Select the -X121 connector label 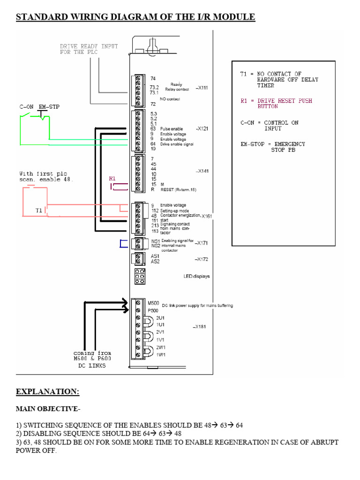tap(203, 128)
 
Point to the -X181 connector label tap(199, 327)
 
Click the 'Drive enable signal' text tap(177, 144)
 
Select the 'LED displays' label tap(196, 276)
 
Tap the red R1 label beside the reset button tap(112, 179)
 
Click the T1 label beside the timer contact tap(39, 211)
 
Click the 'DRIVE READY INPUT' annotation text tap(89, 46)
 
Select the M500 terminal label tap(153, 302)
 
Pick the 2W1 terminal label tap(160, 347)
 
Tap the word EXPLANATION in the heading tap(47, 391)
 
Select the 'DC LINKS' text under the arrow tap(92, 366)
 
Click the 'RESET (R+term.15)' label tap(178, 189)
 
